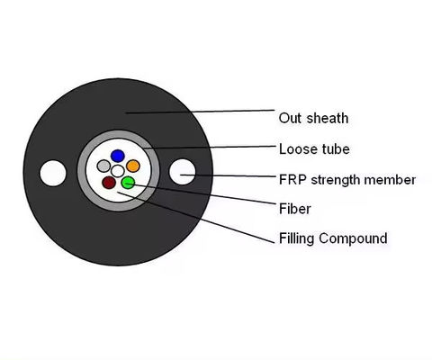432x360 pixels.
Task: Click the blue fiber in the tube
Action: coord(117,156)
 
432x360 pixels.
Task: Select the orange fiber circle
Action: coord(132,166)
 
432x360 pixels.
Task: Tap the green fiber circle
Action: coord(128,183)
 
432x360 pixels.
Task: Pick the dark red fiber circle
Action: coord(110,183)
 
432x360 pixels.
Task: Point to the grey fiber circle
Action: coord(103,166)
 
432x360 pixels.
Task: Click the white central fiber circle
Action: coord(118,171)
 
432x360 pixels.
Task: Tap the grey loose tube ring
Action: coord(85,171)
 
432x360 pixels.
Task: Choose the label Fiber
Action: coord(295,209)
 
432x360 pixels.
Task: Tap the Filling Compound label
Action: coord(333,238)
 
